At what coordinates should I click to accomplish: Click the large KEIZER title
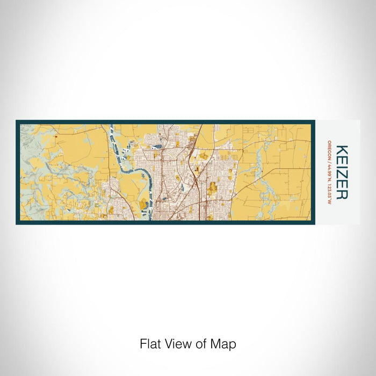[342, 172]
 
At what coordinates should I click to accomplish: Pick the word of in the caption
[203, 344]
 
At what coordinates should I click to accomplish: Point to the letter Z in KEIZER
[342, 173]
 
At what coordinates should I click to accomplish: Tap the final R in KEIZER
[342, 194]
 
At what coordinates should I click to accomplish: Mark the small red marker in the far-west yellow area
[55, 136]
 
